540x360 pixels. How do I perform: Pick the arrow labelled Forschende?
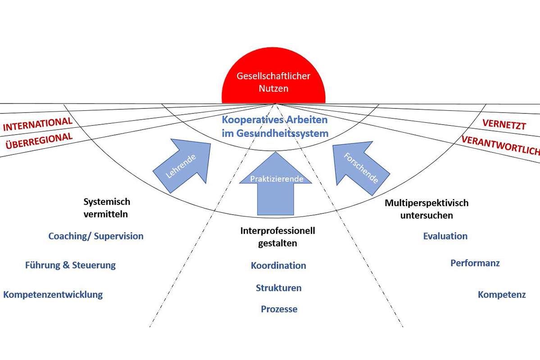pyautogui.click(x=359, y=167)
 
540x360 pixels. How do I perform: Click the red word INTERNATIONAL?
pyautogui.click(x=37, y=124)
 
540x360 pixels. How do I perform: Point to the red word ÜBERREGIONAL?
pyautogui.click(x=39, y=140)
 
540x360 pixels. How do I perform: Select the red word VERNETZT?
pyautogui.click(x=504, y=124)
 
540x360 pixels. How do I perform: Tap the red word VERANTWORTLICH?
pyautogui.click(x=500, y=145)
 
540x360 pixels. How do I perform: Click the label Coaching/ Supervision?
pyautogui.click(x=96, y=236)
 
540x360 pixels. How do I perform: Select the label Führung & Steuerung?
pyautogui.click(x=70, y=265)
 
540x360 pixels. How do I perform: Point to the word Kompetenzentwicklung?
pyautogui.click(x=53, y=295)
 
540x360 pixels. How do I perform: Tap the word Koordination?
pyautogui.click(x=278, y=265)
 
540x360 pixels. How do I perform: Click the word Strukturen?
pyautogui.click(x=279, y=288)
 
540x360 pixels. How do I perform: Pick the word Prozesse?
pyautogui.click(x=279, y=309)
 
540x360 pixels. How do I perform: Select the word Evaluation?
pyautogui.click(x=445, y=236)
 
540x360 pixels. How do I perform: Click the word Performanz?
pyautogui.click(x=475, y=263)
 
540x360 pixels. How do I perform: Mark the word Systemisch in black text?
pyautogui.click(x=107, y=202)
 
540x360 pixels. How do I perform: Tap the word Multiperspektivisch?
pyautogui.click(x=427, y=203)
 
